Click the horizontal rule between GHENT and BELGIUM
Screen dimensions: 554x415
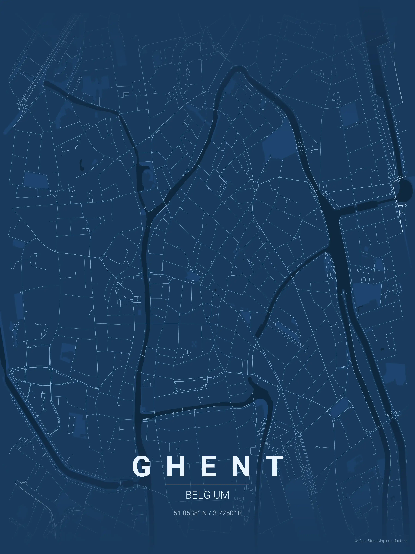[207, 485]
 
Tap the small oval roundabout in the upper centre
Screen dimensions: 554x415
[255, 186]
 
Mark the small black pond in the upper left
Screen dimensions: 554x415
[81, 165]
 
